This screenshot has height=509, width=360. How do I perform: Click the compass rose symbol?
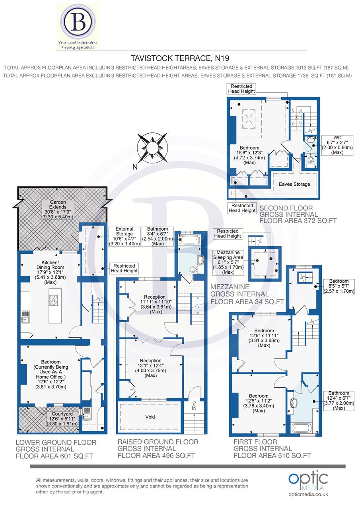[152, 148]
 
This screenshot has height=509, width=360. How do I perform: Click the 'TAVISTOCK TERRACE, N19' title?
[180, 58]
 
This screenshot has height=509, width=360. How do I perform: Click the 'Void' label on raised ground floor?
[150, 417]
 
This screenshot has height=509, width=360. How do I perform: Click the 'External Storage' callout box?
[124, 237]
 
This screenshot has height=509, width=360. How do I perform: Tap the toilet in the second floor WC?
[311, 161]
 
